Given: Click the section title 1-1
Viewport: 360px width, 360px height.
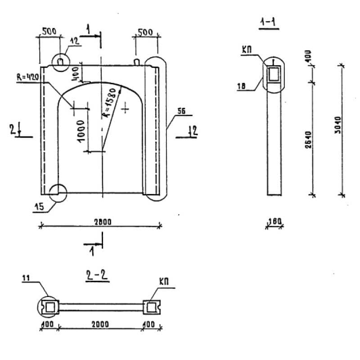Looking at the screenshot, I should [x=268, y=22].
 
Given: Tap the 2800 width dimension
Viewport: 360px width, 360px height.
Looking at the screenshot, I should [x=103, y=221].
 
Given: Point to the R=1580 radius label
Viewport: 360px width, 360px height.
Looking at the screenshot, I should [x=111, y=103].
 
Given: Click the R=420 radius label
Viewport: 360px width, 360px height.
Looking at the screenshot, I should [x=28, y=77].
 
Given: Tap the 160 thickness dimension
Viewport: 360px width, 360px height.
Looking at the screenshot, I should [x=274, y=221].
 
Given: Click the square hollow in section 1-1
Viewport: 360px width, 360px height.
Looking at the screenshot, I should [x=274, y=74].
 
